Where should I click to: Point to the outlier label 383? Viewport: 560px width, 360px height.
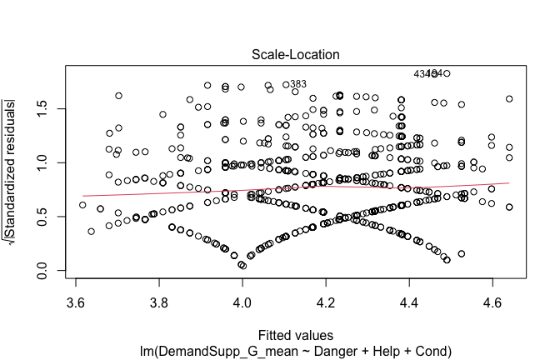pos(298,84)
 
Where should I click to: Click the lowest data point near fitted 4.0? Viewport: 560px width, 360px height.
pos(242,266)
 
